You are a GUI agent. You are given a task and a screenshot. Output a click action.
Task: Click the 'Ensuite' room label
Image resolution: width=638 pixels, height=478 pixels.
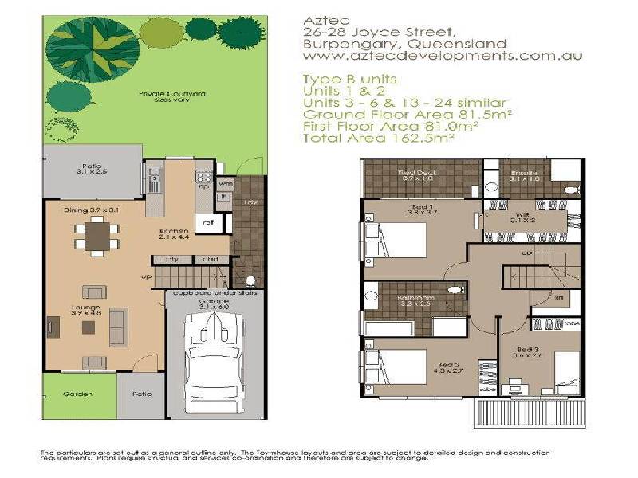pyautogui.click(x=524, y=174)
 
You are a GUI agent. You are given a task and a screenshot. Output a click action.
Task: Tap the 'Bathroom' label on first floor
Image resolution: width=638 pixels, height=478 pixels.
pyautogui.click(x=415, y=300)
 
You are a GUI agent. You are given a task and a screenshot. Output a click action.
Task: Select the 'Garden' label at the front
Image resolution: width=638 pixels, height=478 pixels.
pyautogui.click(x=79, y=394)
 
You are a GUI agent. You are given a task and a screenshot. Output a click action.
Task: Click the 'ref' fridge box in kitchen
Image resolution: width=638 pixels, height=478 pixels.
pyautogui.click(x=207, y=223)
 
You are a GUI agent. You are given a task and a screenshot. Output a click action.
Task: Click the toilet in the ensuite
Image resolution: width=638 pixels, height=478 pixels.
pyautogui.click(x=571, y=189)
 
